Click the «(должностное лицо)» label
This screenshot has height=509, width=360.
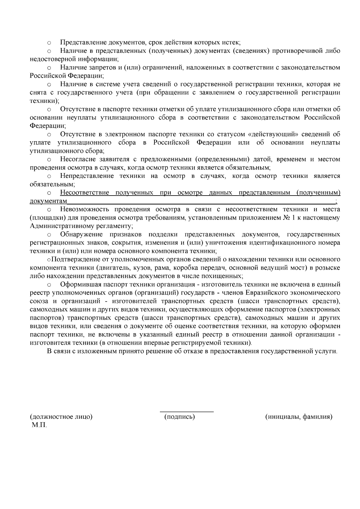[61, 417]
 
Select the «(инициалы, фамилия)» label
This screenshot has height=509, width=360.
[299, 417]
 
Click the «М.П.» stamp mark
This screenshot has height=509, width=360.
[39, 425]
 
